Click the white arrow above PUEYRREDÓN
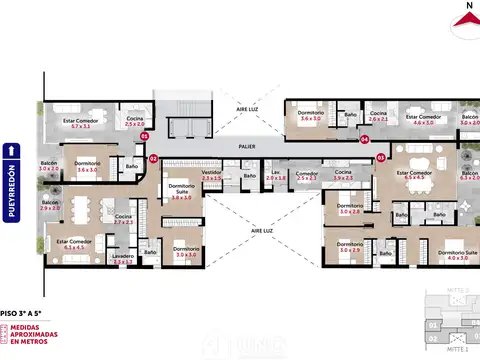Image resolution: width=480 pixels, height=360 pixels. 12,150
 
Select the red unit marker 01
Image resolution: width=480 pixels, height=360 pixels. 144,135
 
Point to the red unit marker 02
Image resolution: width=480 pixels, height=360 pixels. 153,158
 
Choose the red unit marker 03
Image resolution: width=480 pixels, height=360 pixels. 381,157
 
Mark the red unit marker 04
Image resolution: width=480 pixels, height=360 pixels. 365,139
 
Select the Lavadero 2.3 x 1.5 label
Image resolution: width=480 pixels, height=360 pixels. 123,258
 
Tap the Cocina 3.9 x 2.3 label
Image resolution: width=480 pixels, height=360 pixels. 343,175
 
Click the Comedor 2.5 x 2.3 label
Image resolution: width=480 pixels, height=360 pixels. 307,175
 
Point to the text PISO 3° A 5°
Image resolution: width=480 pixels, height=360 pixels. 24,311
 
